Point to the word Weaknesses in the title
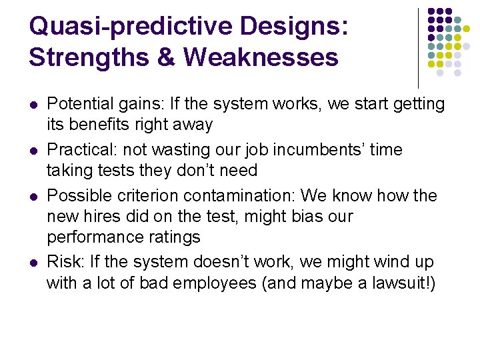tap(261, 57)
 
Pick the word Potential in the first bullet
tap(75, 104)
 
